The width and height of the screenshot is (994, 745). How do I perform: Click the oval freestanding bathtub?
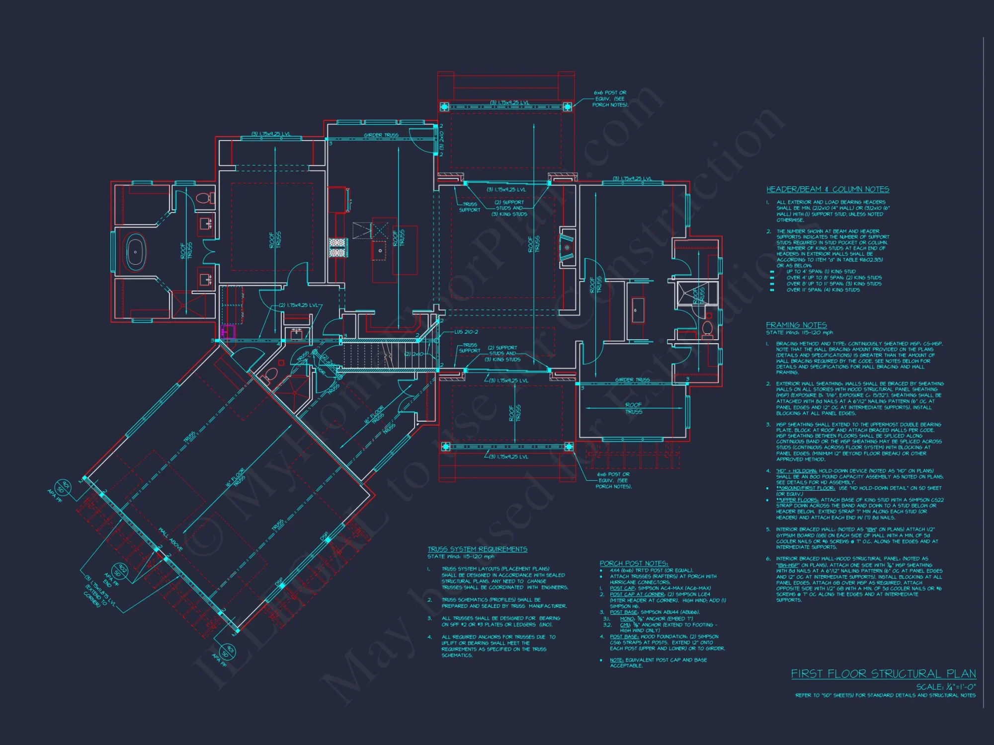click(x=135, y=253)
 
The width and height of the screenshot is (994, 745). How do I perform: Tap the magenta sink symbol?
click(x=228, y=332)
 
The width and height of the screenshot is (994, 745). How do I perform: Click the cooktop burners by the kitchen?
click(x=337, y=247)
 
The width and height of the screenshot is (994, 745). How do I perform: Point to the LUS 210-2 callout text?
click(x=466, y=332)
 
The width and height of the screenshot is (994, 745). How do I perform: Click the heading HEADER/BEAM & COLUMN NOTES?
click(x=828, y=189)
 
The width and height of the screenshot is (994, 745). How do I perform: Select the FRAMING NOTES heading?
click(x=796, y=325)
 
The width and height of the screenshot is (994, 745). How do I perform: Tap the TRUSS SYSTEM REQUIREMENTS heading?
click(x=477, y=549)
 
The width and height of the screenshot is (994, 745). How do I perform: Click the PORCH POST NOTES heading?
click(x=634, y=563)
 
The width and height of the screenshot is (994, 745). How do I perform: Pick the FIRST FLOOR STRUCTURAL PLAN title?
click(x=883, y=673)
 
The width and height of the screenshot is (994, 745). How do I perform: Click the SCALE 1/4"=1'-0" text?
click(x=946, y=687)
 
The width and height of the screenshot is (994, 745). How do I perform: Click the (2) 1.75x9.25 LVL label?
click(x=298, y=305)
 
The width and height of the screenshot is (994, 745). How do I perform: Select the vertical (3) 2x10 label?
click(x=441, y=140)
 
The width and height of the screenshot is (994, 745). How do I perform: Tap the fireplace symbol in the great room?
click(x=567, y=247)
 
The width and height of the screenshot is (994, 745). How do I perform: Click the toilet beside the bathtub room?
click(x=203, y=198)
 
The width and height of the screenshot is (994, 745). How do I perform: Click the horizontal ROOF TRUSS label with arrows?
click(x=633, y=408)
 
